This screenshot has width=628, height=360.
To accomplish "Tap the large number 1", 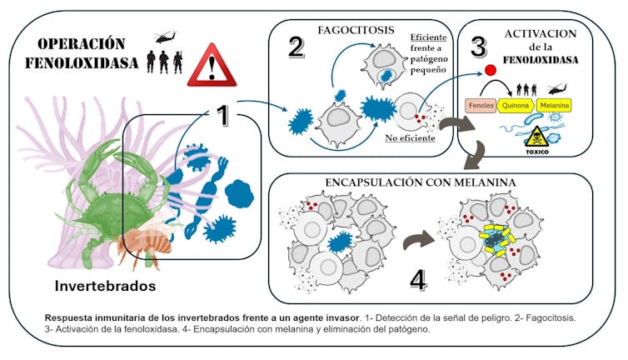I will [x=221, y=116].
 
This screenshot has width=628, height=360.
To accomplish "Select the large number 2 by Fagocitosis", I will [x=296, y=47].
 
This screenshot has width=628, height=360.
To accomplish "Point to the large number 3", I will [x=477, y=47].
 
